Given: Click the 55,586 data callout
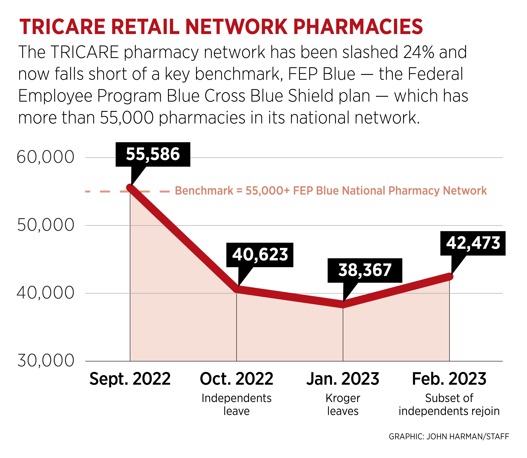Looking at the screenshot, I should [153, 154].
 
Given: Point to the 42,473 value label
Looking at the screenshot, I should [473, 243].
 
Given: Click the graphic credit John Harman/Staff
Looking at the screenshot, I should [449, 436].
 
